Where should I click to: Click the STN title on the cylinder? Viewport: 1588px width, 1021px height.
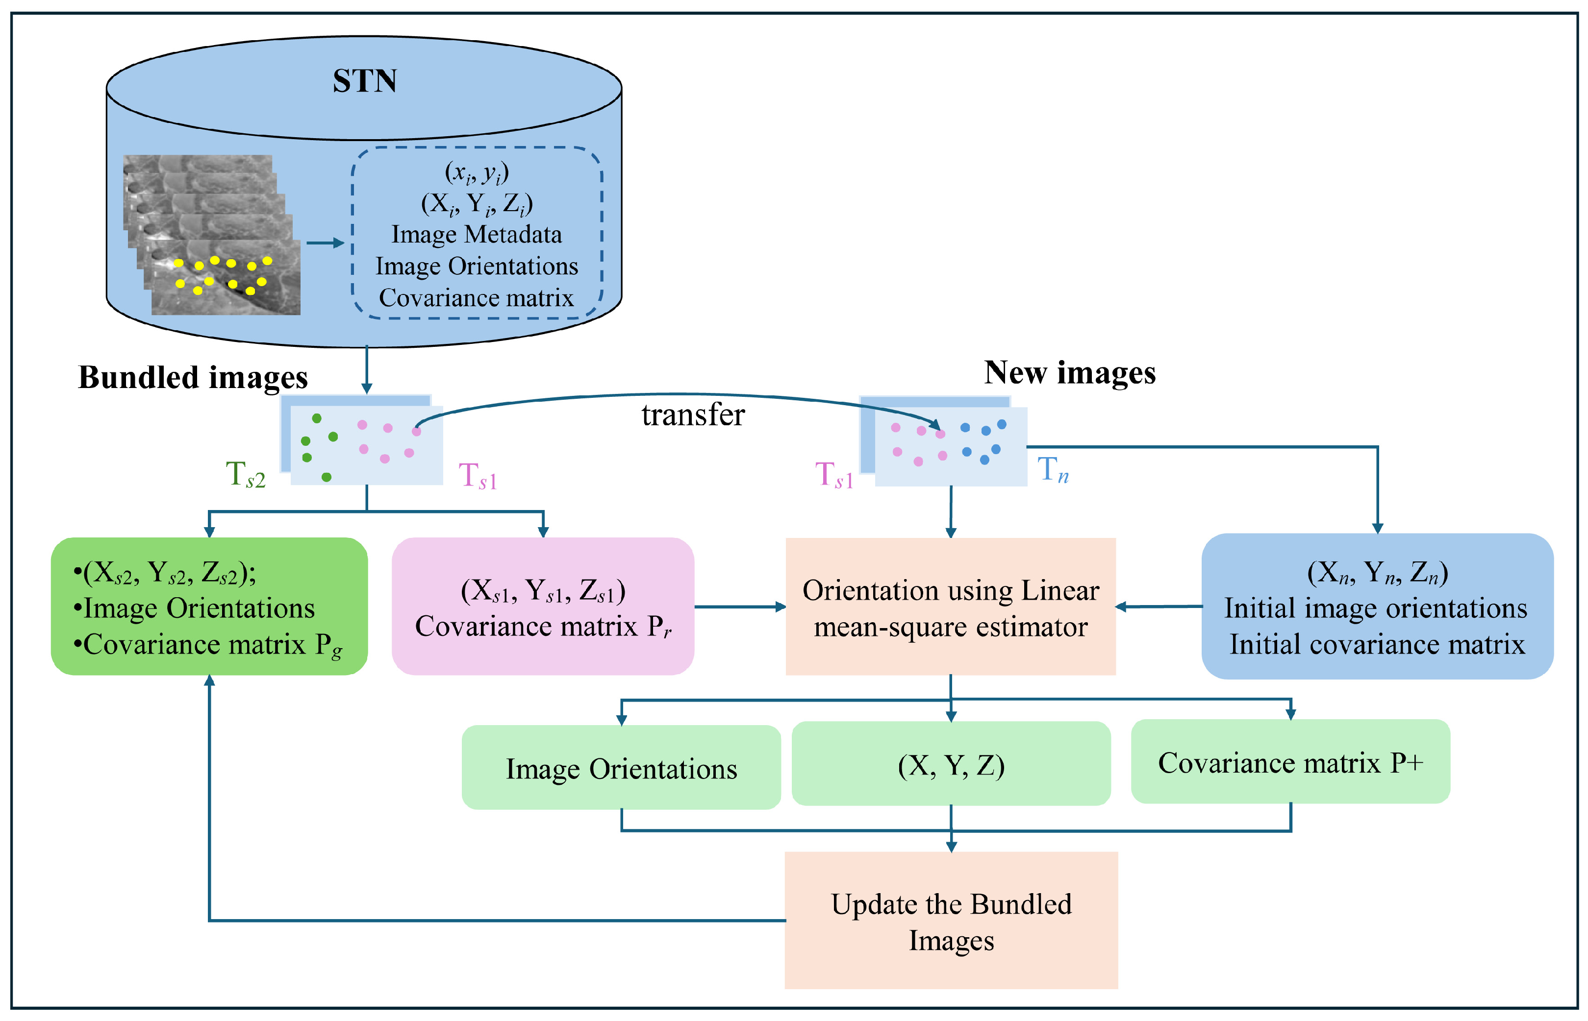[x=364, y=81]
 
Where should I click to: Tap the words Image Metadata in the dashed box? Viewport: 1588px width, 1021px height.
[x=476, y=234]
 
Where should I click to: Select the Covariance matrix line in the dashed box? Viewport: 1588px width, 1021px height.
[x=476, y=298]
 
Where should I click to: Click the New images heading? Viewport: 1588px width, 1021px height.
[x=1069, y=373]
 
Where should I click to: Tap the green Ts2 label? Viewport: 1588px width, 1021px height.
[x=246, y=475]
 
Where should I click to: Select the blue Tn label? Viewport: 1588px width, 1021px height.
[x=1053, y=470]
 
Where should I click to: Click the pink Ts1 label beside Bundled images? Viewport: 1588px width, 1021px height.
[x=478, y=476]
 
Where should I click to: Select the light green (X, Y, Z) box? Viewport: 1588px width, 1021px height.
[x=951, y=764]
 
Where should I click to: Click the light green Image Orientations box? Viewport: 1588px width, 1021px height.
[x=621, y=768]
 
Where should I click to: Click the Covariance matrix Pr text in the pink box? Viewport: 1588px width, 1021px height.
[x=543, y=626]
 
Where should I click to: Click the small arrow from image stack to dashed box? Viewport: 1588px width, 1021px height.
[x=325, y=243]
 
